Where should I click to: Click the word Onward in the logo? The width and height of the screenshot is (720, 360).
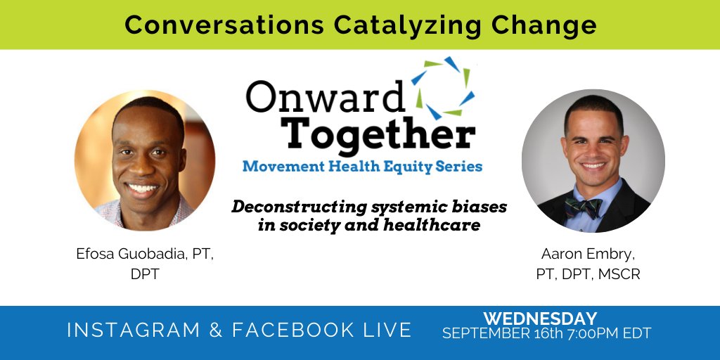tap(326, 97)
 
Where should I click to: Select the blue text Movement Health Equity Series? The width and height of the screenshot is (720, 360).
tap(362, 167)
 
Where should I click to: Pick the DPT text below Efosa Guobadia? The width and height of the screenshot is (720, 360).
tap(145, 274)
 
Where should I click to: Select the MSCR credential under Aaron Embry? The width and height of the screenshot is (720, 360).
tap(619, 274)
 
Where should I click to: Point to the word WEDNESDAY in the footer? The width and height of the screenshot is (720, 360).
tap(539, 319)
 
